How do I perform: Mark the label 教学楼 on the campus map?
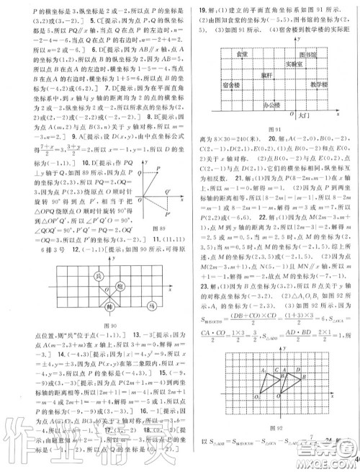coord(310,84)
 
